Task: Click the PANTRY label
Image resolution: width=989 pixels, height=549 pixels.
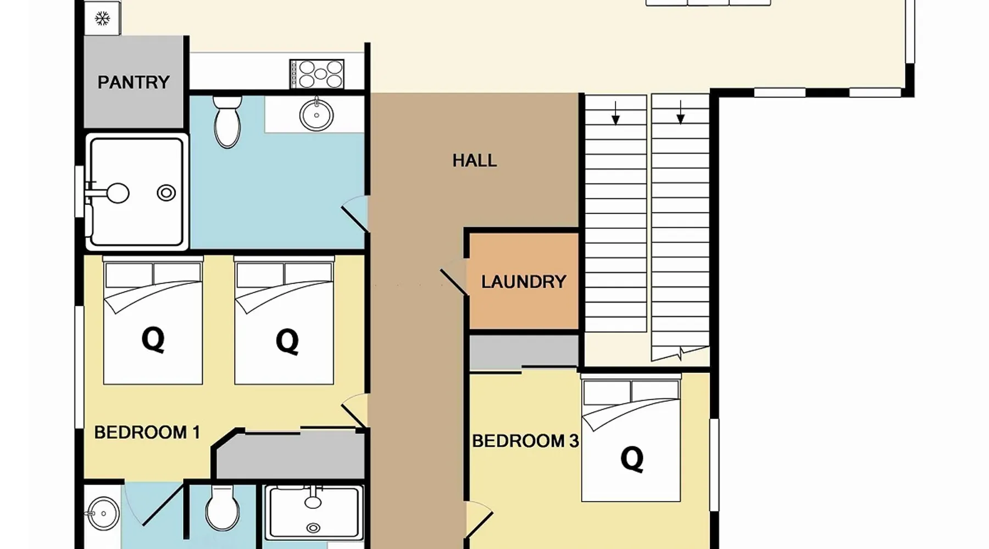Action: (134, 82)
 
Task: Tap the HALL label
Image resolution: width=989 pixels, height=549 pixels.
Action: (475, 160)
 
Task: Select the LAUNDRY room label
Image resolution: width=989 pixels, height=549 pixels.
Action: (524, 282)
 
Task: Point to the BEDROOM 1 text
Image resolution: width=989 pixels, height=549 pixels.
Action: (147, 433)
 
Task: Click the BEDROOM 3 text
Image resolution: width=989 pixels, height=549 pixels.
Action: (526, 441)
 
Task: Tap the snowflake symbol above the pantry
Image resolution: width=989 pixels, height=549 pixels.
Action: (102, 19)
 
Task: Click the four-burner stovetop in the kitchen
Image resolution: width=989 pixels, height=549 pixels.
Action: (317, 74)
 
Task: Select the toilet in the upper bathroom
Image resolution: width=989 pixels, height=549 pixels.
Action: (227, 121)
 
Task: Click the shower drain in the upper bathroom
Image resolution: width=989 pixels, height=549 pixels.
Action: (166, 193)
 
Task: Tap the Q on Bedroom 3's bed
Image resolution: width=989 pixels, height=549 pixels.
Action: (632, 458)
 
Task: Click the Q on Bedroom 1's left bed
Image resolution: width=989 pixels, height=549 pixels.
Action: (153, 339)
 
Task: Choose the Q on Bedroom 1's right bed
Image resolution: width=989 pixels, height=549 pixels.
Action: (287, 341)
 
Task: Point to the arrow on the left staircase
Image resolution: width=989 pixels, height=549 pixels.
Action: (616, 113)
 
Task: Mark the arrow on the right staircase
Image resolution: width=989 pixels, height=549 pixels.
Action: (681, 112)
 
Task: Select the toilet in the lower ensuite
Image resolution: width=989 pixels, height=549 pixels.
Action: (223, 508)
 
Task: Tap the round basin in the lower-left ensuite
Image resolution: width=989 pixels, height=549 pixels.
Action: (103, 513)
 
